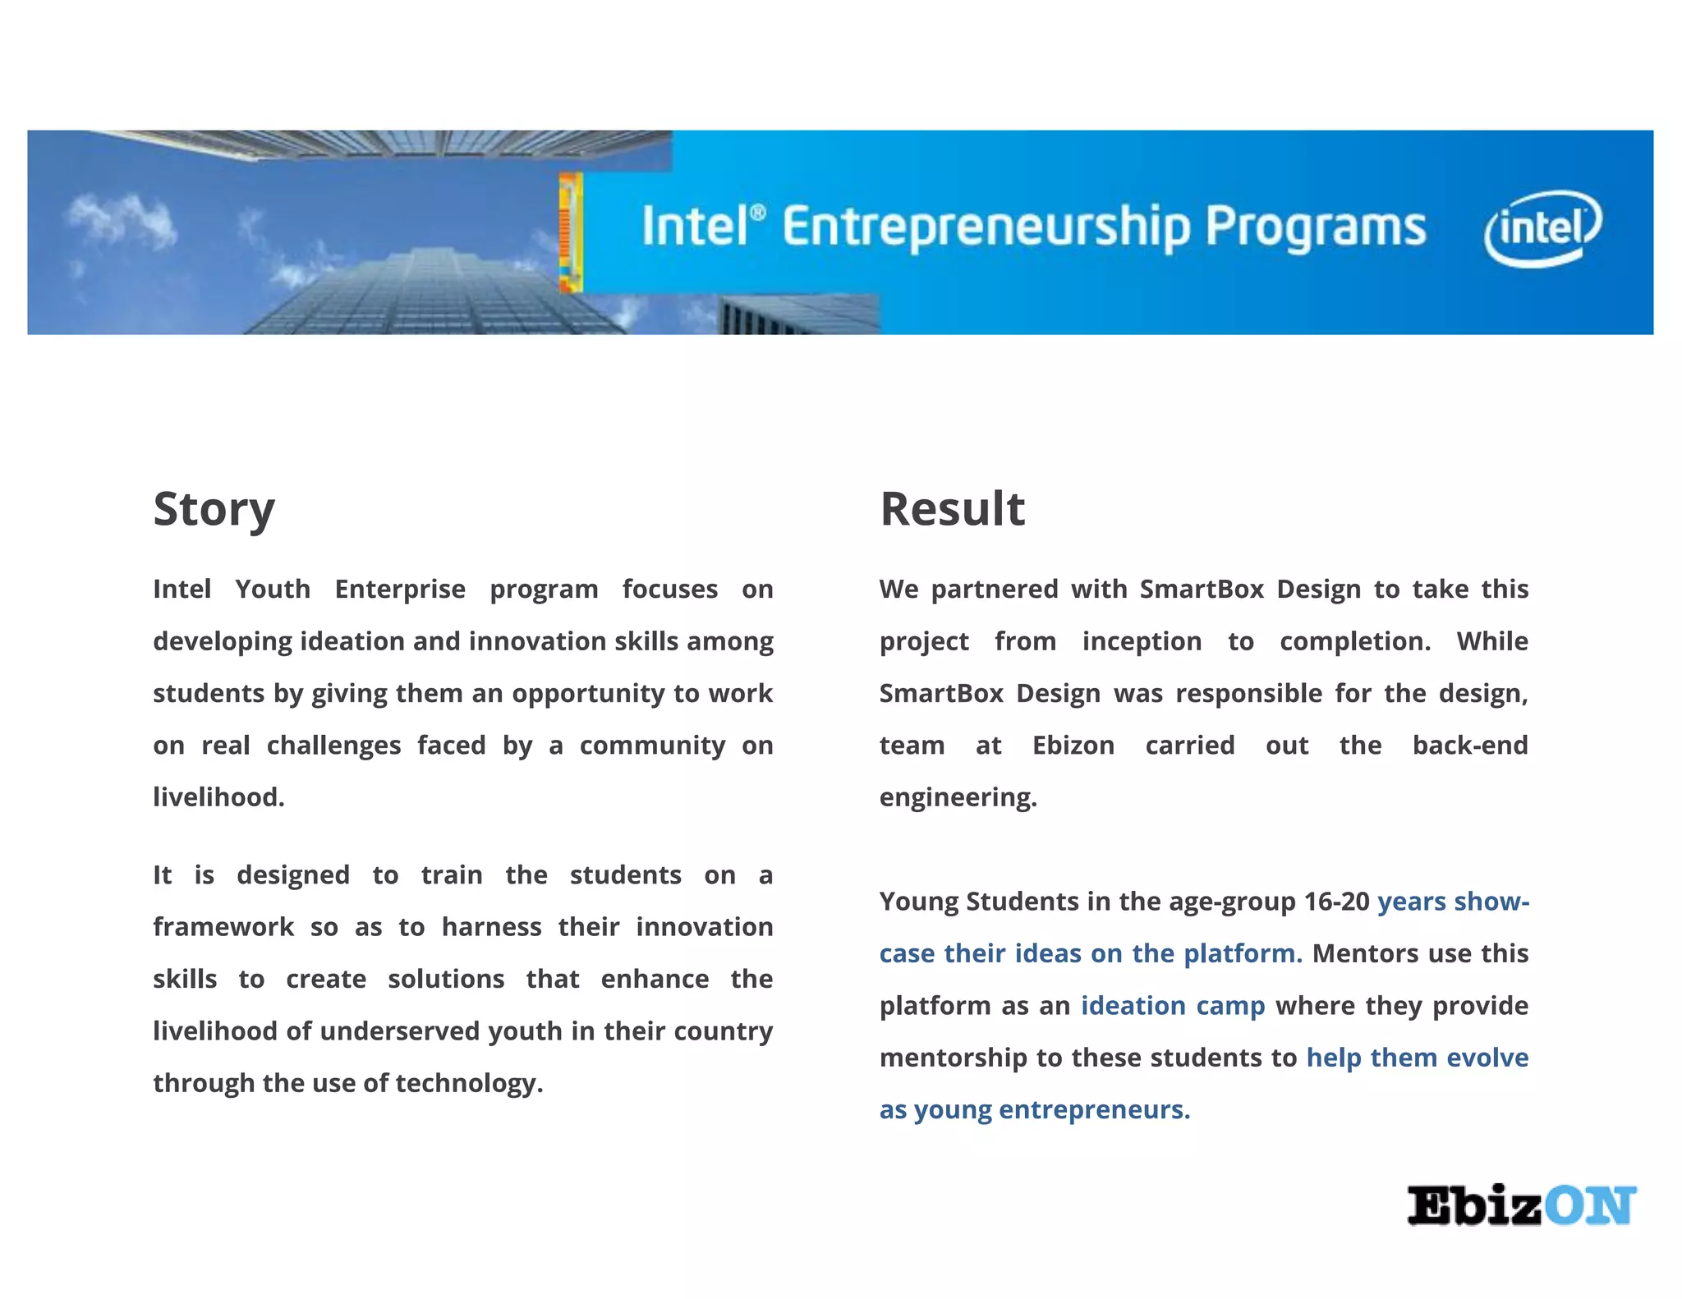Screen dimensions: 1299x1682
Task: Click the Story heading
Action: (x=214, y=510)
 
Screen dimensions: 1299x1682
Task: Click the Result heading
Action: (x=952, y=508)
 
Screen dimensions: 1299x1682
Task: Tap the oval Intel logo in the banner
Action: (x=1542, y=228)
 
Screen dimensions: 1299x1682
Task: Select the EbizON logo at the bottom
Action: (x=1521, y=1205)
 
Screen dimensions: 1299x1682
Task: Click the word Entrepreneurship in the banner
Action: (x=986, y=227)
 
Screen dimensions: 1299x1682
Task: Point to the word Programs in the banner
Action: (x=1315, y=227)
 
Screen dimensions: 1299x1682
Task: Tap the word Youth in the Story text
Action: (x=273, y=589)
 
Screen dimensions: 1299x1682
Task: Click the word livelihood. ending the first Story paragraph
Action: (x=218, y=796)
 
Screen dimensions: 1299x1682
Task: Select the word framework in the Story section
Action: (x=223, y=927)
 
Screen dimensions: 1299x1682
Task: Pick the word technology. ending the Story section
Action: (x=469, y=1083)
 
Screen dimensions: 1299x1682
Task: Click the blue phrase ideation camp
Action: (x=1172, y=1006)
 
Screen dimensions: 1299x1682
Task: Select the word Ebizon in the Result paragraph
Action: (x=1073, y=745)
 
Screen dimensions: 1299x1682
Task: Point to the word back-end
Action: (x=1469, y=745)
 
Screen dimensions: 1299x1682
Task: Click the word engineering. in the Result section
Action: (x=958, y=796)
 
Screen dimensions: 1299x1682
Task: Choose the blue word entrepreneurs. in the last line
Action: (x=1094, y=1109)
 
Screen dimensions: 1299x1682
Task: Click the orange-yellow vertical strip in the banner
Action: (x=571, y=232)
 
